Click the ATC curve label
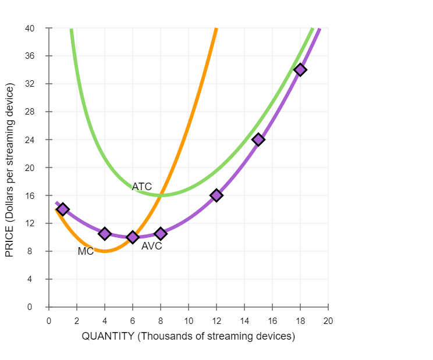click(141, 187)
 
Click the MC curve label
click(86, 251)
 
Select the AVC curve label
click(151, 246)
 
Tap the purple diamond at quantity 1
click(63, 209)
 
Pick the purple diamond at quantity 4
click(105, 234)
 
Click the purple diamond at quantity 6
click(133, 237)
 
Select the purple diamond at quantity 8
click(161, 234)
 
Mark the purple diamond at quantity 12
click(216, 195)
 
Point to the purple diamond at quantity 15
click(258, 140)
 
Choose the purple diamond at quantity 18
click(300, 70)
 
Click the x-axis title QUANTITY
click(189, 336)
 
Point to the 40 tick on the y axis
click(30, 28)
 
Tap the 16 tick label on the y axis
click(30, 195)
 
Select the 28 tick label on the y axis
click(30, 112)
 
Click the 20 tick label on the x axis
click(328, 320)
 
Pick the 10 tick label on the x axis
click(189, 320)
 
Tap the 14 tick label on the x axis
click(244, 320)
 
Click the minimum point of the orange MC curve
click(105, 251)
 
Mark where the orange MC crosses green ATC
click(161, 195)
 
